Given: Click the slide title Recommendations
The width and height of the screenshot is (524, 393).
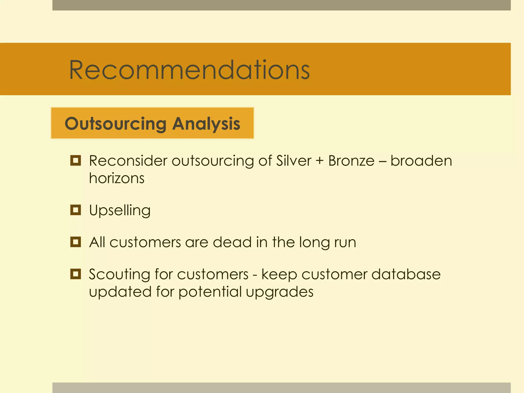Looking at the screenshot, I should coord(189,70).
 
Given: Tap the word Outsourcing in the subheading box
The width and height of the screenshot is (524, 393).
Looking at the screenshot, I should coord(116,124).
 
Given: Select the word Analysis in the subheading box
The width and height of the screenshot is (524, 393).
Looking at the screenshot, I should coord(206,124).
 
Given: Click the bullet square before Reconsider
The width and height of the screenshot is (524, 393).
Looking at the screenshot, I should coord(75,161).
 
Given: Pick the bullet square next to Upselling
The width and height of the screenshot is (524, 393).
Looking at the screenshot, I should coord(75,210).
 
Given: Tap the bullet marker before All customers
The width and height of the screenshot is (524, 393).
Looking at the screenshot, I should coord(75,242).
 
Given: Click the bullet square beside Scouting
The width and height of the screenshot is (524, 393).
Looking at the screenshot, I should coord(75,274).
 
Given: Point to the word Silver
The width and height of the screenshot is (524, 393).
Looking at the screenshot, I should coord(293,161).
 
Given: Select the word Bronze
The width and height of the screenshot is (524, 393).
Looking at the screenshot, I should coord(351,161).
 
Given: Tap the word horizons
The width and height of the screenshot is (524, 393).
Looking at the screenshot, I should coord(117,178).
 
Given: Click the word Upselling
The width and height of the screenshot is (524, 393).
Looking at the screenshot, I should coord(120,211).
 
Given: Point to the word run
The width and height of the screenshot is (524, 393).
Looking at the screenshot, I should coord(345,243).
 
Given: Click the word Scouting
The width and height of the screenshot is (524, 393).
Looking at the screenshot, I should coord(119,275).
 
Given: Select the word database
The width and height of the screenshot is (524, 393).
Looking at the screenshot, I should coord(406,274).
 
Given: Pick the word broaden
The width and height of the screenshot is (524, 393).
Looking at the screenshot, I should coord(421,161).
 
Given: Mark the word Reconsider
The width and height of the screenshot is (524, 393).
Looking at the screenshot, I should coord(128,161).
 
